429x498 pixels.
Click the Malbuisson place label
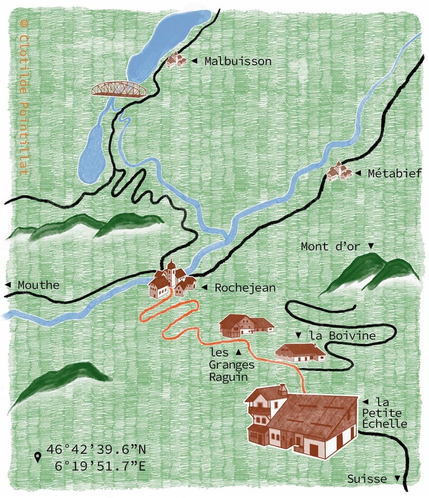tap(237, 61)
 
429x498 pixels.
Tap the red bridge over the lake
tap(119, 89)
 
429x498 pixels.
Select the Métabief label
tap(394, 174)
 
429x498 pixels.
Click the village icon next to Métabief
tap(339, 172)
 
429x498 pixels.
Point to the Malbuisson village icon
tap(175, 60)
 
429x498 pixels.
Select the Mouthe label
tap(38, 285)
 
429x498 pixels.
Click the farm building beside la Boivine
tap(301, 352)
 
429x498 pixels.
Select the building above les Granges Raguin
tap(246, 325)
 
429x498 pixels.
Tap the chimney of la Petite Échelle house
tap(284, 387)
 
